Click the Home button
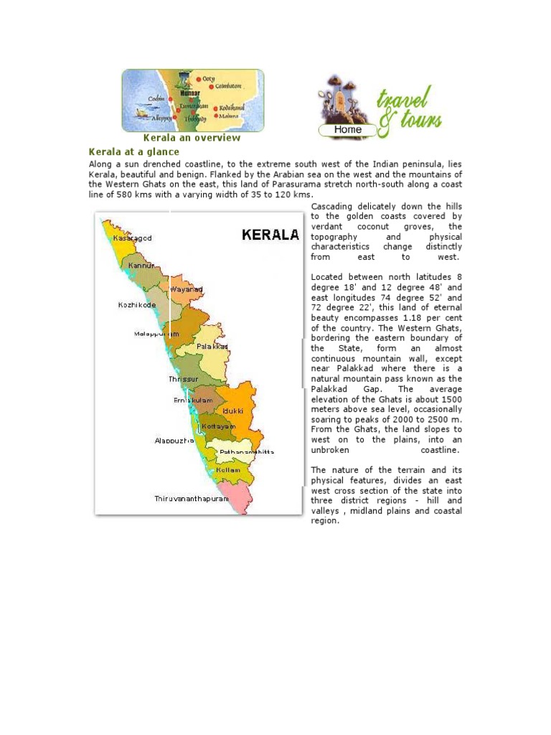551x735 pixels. [348, 130]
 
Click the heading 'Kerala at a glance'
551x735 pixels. [133, 152]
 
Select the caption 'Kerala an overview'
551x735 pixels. [192, 138]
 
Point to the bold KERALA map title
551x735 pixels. [270, 235]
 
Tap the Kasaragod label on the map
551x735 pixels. [133, 238]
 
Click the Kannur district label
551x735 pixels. [141, 266]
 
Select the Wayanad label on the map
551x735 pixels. [186, 289]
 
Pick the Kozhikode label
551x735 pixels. [137, 305]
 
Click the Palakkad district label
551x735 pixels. [212, 346]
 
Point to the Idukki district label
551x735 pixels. [233, 411]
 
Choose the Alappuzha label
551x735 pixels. [174, 441]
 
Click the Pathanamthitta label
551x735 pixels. [246, 452]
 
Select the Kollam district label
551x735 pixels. [228, 469]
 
